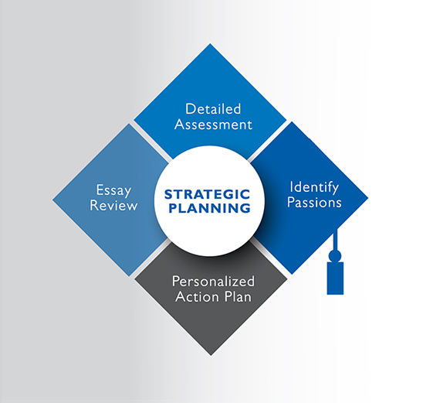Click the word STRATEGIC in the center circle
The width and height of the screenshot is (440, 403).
click(x=207, y=194)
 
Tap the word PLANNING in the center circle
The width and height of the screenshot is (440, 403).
click(x=209, y=208)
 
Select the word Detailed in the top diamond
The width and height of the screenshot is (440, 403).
click(x=213, y=109)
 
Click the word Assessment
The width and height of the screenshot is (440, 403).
click(x=213, y=125)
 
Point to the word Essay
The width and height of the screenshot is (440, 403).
click(x=113, y=191)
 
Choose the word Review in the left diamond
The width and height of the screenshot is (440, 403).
click(x=113, y=205)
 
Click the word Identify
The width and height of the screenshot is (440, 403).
click(x=314, y=188)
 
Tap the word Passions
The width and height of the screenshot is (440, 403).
click(x=314, y=202)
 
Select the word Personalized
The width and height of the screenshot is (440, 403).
click(x=213, y=282)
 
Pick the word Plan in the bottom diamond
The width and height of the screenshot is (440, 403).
click(x=237, y=297)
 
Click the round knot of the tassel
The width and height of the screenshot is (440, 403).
click(x=335, y=256)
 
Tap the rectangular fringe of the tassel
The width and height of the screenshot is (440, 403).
click(x=335, y=278)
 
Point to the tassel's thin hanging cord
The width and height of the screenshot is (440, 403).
click(x=335, y=240)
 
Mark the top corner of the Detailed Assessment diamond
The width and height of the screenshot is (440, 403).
click(x=210, y=43)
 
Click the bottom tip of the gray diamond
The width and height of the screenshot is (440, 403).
click(x=211, y=356)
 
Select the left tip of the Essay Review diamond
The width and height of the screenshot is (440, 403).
click(x=52, y=200)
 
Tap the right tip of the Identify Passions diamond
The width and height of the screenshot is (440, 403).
click(x=368, y=198)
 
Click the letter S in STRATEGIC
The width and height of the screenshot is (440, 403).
click(x=169, y=194)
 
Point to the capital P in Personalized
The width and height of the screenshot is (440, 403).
click(x=176, y=282)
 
